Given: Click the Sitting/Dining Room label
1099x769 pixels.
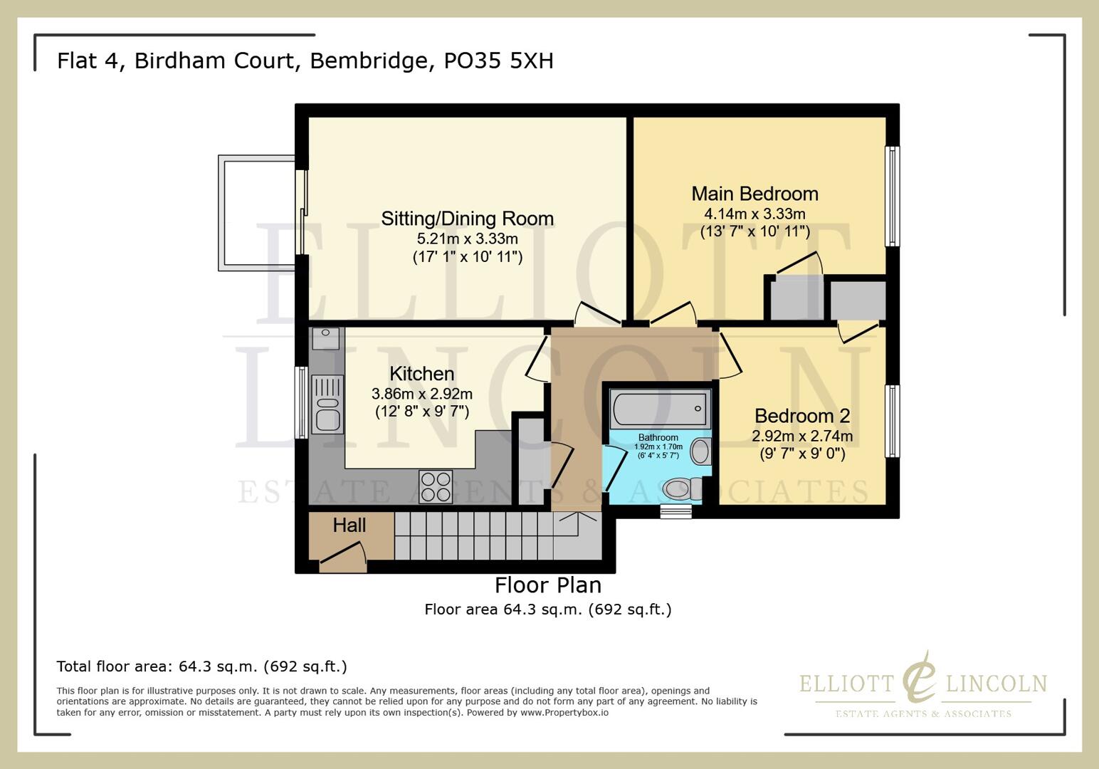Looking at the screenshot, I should point(467,219).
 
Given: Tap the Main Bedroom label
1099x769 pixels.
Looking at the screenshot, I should point(754,194).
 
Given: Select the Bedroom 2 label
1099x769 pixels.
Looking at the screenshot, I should point(802,416).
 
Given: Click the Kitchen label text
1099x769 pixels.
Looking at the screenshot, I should point(421,374).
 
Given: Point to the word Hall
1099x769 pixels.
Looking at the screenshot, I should point(349,525).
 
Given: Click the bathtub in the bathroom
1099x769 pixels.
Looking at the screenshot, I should point(658,409).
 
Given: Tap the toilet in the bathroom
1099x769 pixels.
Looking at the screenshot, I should point(680,489).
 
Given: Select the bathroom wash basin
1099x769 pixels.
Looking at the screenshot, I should point(700,451).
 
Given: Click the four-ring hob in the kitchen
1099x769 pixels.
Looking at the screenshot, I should point(436,487).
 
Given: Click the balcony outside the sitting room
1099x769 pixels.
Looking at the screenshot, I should point(257,214).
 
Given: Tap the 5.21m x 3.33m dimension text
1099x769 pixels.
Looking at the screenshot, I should point(467,239).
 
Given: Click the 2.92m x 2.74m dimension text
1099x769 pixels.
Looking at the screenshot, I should point(802,436).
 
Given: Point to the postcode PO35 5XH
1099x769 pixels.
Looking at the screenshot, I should point(498,61).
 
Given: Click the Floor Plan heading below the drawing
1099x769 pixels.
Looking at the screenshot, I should point(548,585).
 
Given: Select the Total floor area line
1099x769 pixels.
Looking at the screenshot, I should point(201,666).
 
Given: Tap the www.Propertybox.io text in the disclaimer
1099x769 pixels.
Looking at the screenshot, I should point(564,712).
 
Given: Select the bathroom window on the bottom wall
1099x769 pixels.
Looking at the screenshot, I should point(675,511).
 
